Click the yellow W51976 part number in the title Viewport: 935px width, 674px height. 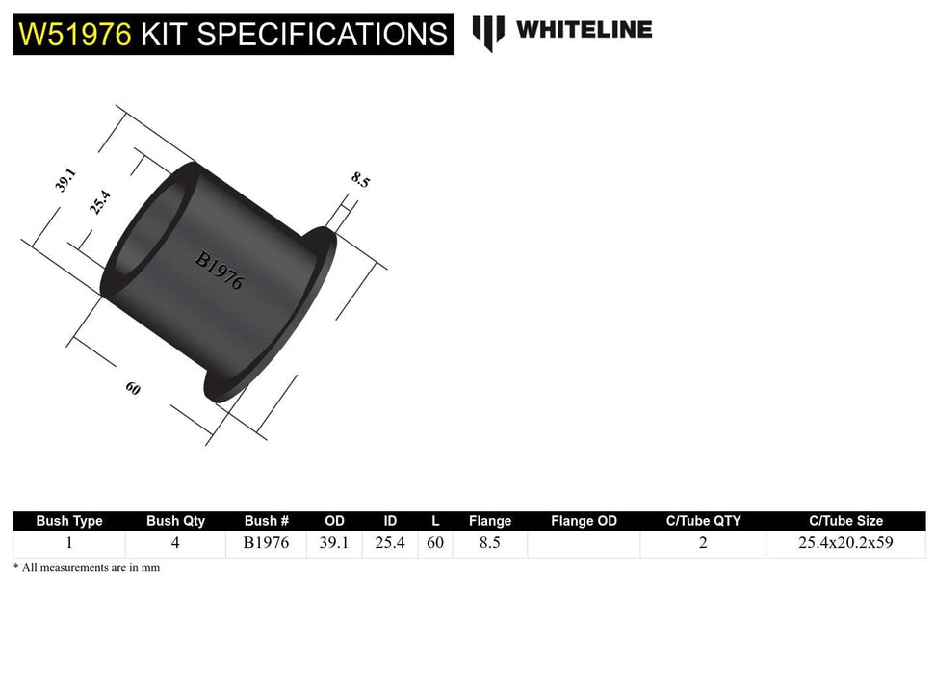pyautogui.click(x=75, y=35)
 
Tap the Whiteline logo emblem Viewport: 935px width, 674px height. pyautogui.click(x=488, y=32)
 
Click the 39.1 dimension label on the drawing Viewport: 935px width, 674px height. pyautogui.click(x=65, y=180)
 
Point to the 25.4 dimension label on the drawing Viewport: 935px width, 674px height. pyautogui.click(x=100, y=202)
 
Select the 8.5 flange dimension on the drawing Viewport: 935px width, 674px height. pyautogui.click(x=361, y=179)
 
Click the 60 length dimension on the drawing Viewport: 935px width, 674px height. pyautogui.click(x=133, y=389)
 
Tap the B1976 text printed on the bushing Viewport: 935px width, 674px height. pyautogui.click(x=220, y=271)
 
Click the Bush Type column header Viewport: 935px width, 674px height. pyautogui.click(x=69, y=521)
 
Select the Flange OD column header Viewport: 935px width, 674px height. pyautogui.click(x=584, y=521)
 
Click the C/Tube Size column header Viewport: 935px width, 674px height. pyautogui.click(x=845, y=521)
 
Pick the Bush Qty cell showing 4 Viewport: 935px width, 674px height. pyautogui.click(x=175, y=543)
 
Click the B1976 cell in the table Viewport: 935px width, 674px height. pyautogui.click(x=266, y=543)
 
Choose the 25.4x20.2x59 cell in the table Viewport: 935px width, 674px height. pyautogui.click(x=845, y=543)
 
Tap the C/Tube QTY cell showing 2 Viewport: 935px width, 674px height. pyautogui.click(x=703, y=543)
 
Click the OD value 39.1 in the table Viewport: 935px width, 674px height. pyautogui.click(x=334, y=543)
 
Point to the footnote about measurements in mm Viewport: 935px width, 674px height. pyautogui.click(x=87, y=568)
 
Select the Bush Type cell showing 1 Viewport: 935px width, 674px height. pyautogui.click(x=69, y=543)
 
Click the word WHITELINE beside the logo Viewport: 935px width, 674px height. pyautogui.click(x=584, y=30)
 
